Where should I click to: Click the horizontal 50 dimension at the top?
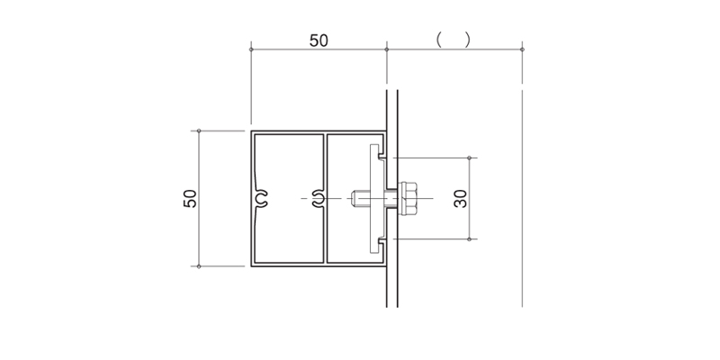(x=319, y=40)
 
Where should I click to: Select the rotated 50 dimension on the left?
(x=190, y=198)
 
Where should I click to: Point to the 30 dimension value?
(x=460, y=198)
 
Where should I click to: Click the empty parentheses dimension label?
(x=454, y=40)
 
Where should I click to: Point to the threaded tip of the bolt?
(x=354, y=198)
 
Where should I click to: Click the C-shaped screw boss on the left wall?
(x=261, y=198)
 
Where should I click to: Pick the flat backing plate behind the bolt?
(x=374, y=198)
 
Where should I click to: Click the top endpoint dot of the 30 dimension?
(x=469, y=158)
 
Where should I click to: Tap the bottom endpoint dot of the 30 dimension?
(x=469, y=239)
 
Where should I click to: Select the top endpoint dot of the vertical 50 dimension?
(x=199, y=130)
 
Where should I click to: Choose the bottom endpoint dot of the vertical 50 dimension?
(x=199, y=266)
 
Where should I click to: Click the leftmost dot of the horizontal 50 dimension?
(x=251, y=49)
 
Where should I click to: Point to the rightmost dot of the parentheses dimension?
(x=522, y=49)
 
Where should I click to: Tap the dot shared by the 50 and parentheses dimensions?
(x=387, y=49)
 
